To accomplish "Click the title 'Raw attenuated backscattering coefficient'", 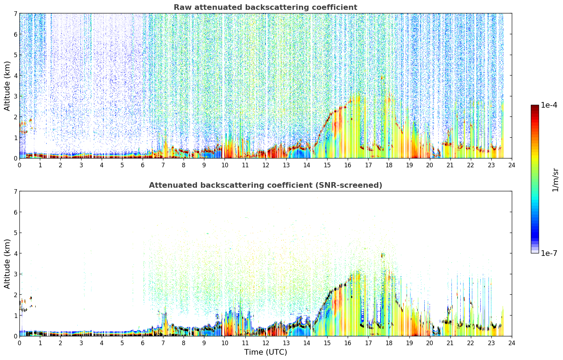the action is [265, 7].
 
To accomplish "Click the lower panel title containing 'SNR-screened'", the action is [265, 185].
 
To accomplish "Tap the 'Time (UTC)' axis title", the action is [265, 352].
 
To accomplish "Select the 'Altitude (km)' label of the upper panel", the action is [7, 86].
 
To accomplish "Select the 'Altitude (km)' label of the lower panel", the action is [7, 264].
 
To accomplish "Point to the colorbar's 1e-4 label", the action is [549, 105].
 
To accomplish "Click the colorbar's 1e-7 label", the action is [549, 253].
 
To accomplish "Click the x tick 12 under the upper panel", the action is [265, 165].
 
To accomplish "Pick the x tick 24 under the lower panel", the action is [512, 343].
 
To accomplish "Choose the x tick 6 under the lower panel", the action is [143, 343].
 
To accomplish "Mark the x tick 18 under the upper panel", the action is [389, 165].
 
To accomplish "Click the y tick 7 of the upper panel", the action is [15, 13].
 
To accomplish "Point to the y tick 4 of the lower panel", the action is [15, 253].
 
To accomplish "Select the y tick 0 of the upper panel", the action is [15, 158].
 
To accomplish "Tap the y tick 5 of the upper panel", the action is [15, 55].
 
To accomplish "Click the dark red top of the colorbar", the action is [535, 106].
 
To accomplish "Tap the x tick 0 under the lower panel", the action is [20, 343].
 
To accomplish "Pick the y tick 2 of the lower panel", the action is [15, 295].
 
